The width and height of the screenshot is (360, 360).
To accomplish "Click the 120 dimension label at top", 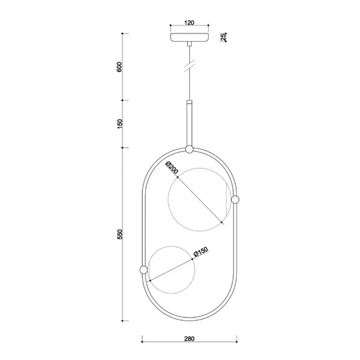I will click(189, 22).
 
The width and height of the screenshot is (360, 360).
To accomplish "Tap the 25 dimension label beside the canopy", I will click(223, 37).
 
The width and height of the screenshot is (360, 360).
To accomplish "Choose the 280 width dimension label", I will click(189, 340).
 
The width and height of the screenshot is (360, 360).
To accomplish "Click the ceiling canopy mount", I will click(189, 37).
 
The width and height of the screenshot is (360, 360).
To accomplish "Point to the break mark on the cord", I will click(189, 65).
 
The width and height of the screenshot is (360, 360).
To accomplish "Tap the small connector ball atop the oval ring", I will click(189, 150).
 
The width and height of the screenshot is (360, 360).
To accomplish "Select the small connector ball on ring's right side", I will click(236, 198).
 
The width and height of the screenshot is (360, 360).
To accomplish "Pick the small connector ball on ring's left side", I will click(143, 268).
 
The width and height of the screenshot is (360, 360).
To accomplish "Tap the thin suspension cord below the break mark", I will click(189, 85).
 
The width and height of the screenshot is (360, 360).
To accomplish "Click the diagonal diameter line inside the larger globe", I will click(203, 202).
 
